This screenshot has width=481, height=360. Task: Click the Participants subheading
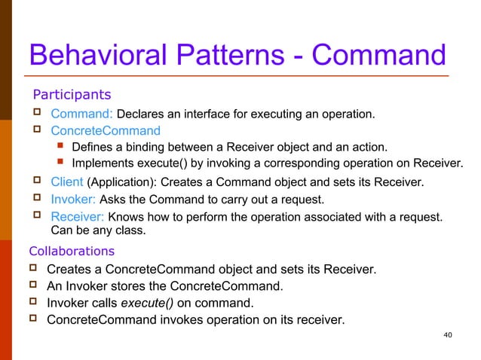71,95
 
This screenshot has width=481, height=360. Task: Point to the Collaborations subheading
72,251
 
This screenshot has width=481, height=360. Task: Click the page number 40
449,334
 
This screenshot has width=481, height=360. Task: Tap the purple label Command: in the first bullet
81,114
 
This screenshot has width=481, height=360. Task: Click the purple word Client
67,182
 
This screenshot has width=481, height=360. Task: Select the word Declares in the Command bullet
142,114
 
